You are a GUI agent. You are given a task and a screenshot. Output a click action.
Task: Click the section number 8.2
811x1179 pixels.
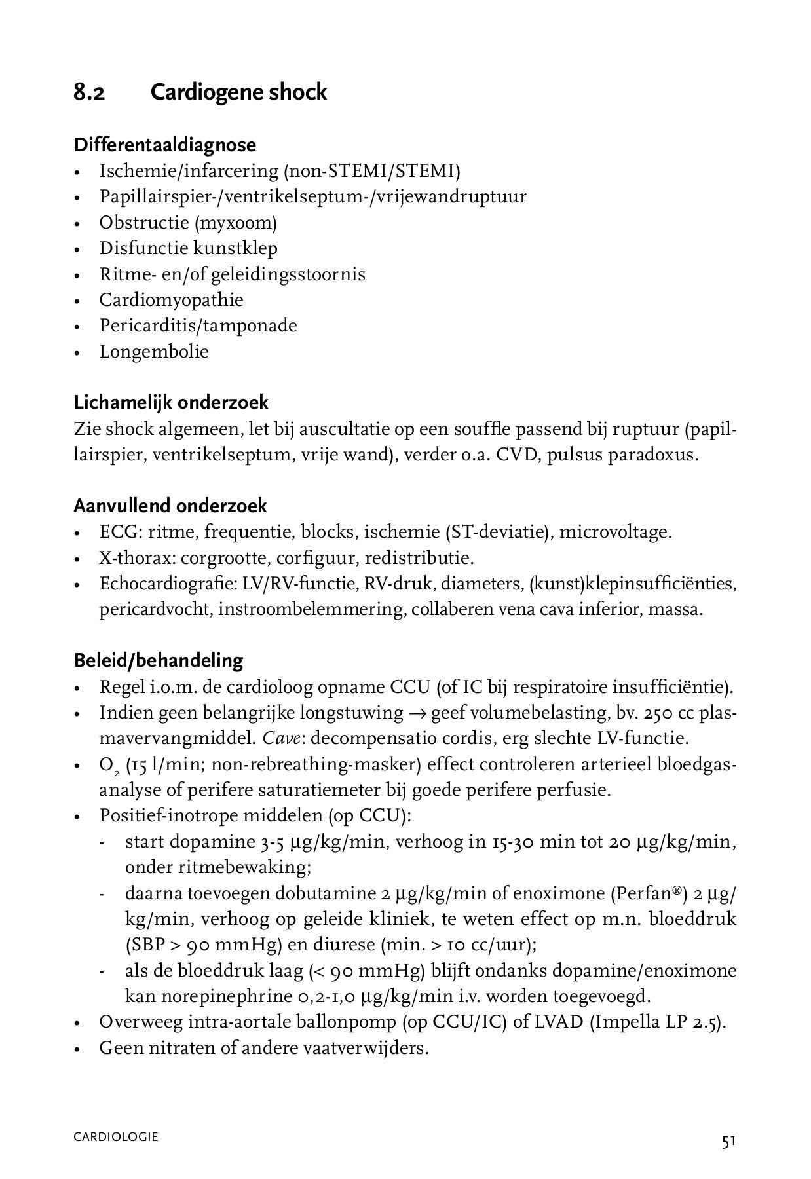pyautogui.click(x=89, y=92)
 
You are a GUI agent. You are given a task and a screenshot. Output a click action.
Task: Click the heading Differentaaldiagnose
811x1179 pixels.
pyautogui.click(x=164, y=145)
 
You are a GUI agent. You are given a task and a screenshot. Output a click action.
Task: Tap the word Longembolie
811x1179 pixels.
pyautogui.click(x=154, y=352)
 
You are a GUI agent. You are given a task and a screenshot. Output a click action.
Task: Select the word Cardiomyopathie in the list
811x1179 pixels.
pyautogui.click(x=171, y=300)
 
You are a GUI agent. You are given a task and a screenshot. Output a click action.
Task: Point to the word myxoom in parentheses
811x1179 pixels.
pyautogui.click(x=235, y=223)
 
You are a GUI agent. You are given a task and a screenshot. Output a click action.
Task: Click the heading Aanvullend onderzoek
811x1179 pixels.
pyautogui.click(x=170, y=506)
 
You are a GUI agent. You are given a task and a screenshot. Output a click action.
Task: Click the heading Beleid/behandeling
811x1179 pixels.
pyautogui.click(x=158, y=660)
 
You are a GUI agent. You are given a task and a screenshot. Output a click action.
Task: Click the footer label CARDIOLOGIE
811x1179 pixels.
pyautogui.click(x=115, y=1137)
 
